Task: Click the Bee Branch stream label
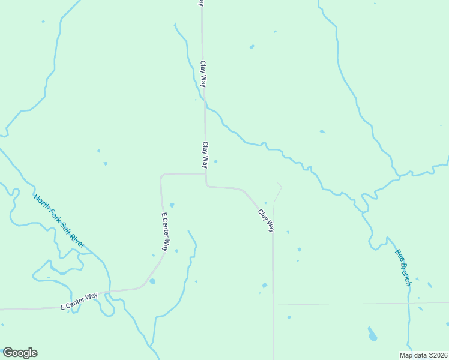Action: point(403,266)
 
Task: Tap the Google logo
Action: point(20,353)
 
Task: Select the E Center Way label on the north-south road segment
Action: point(166,232)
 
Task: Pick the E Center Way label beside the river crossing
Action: point(79,301)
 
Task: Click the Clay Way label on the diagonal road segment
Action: point(267,220)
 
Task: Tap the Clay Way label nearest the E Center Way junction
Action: point(205,155)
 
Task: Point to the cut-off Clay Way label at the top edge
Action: point(202,4)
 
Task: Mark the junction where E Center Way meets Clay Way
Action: point(206,175)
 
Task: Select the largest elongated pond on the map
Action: point(373,334)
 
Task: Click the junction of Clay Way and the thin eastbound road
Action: point(273,305)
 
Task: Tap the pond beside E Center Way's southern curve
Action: point(152,281)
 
